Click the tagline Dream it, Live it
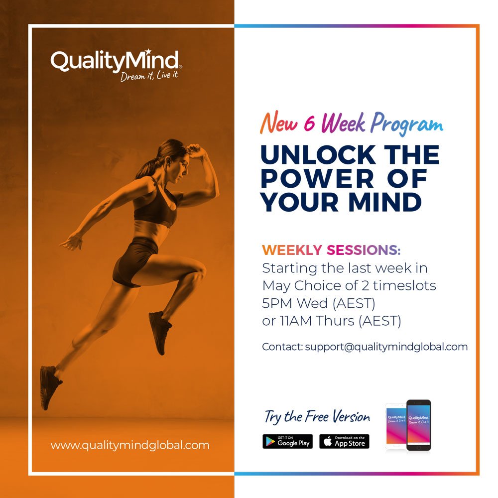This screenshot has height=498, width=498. (x=149, y=76)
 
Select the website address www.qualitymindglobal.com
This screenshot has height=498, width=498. (x=130, y=445)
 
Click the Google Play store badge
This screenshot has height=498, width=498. (x=288, y=441)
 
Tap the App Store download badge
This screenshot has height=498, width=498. (x=344, y=441)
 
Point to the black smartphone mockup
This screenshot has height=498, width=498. (x=419, y=425)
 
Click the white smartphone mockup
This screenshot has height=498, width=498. (x=396, y=426)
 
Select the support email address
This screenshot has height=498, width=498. (x=386, y=347)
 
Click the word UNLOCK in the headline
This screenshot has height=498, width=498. (x=318, y=155)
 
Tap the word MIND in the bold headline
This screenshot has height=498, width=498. (x=385, y=202)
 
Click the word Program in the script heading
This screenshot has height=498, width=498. (x=407, y=124)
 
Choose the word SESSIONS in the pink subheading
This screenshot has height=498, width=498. (x=364, y=250)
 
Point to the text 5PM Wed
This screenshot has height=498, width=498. (x=295, y=303)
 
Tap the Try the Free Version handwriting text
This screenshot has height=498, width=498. (x=317, y=417)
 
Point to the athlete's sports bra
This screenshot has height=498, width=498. (x=155, y=203)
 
